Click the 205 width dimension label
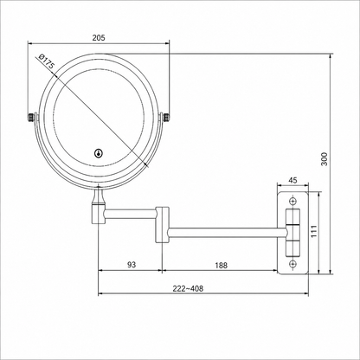[99, 37]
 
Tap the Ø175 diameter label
[46, 61]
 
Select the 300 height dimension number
[325, 158]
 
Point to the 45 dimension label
[292, 180]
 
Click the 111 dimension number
[314, 231]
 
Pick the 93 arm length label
[132, 265]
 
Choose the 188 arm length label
[221, 265]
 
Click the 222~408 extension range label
[188, 288]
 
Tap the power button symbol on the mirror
[99, 153]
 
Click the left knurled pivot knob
[31, 118]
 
